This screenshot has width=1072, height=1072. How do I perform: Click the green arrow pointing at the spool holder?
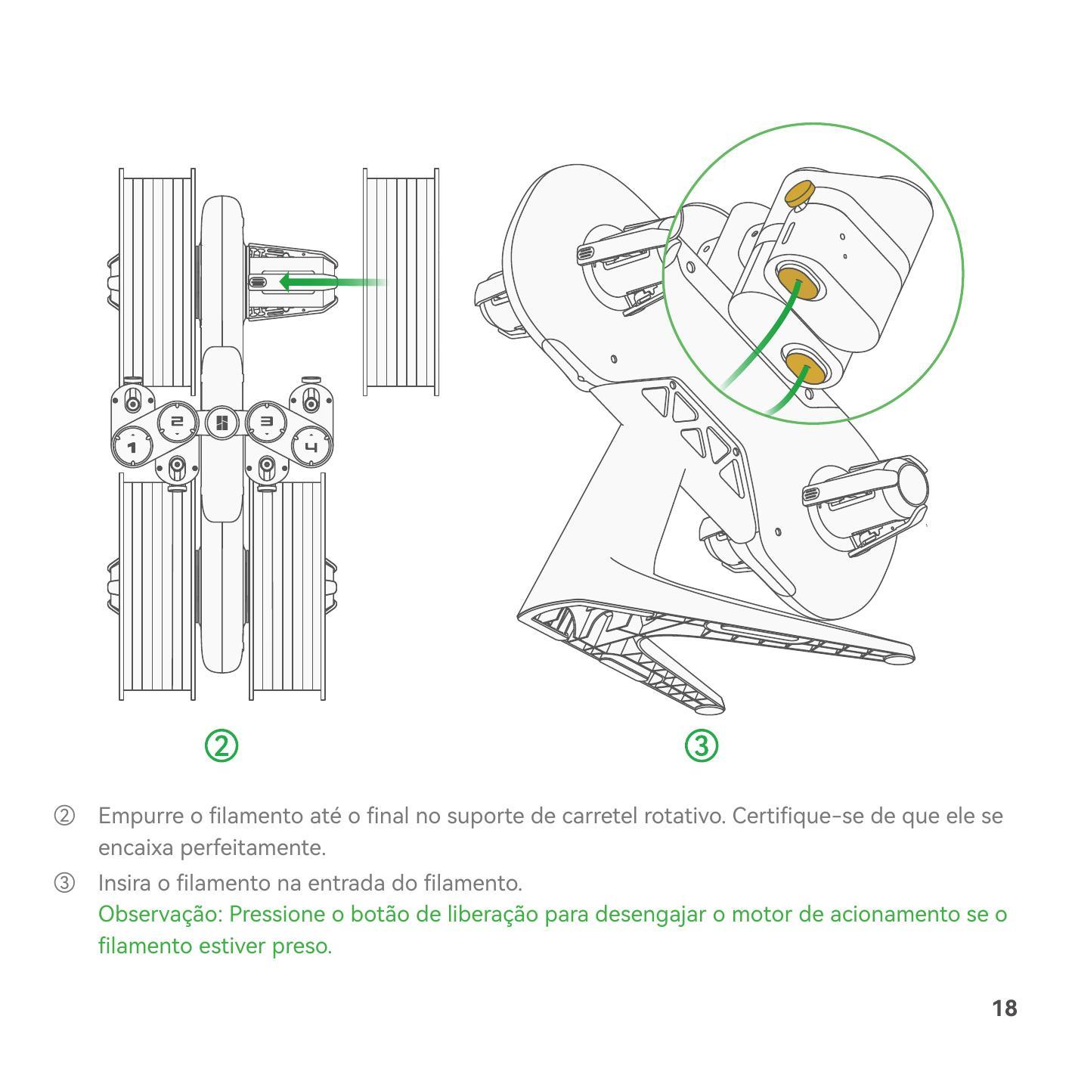tap(332, 282)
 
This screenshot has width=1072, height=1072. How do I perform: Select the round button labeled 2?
tap(177, 421)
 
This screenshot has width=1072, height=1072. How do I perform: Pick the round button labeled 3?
tap(266, 421)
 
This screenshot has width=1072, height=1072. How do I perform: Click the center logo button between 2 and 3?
tap(222, 423)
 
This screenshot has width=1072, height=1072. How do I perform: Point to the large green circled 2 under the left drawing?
tap(222, 746)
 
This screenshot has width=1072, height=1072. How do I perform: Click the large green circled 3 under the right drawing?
tap(701, 746)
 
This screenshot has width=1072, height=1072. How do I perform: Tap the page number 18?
tap(1005, 1008)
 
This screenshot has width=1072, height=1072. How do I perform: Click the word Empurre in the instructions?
tap(141, 816)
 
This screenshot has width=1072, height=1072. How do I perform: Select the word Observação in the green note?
tap(160, 915)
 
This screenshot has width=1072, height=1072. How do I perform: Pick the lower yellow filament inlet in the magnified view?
tap(804, 367)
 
